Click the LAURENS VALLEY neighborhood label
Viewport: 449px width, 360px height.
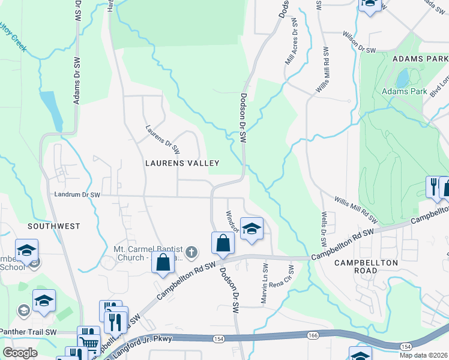(182, 163)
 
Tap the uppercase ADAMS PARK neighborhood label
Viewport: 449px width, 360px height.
(420, 59)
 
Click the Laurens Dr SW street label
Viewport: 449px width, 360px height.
(163, 139)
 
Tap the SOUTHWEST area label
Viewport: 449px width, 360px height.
(53, 226)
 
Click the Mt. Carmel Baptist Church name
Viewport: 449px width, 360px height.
(147, 250)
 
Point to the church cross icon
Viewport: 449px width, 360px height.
(191, 251)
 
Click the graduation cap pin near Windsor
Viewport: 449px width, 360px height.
(252, 228)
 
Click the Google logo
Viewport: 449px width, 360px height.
(20, 352)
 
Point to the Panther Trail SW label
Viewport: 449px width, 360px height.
(28, 332)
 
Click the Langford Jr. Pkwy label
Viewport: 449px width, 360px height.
(147, 339)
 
